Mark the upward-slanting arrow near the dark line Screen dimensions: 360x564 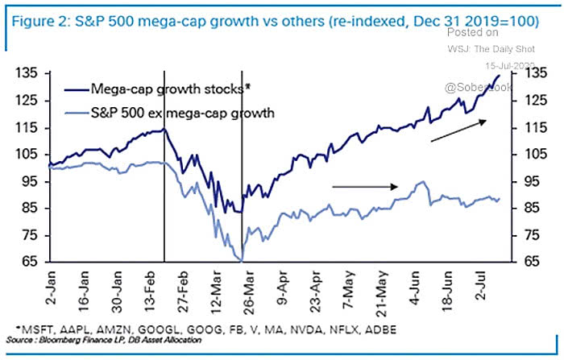(458, 130)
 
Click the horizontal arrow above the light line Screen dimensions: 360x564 (361, 186)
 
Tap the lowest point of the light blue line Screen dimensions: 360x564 (241, 260)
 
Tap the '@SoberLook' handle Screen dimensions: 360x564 (496, 85)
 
